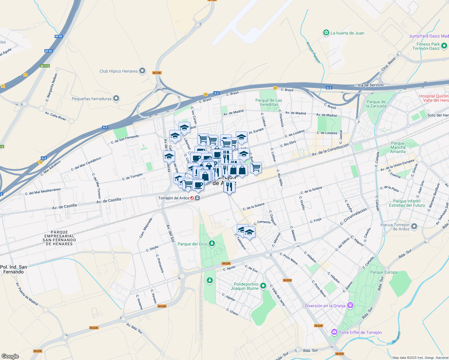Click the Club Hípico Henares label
[119, 71]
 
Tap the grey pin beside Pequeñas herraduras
[116, 98]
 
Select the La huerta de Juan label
[347, 33]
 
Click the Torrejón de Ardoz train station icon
[197, 198]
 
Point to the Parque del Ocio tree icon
[212, 243]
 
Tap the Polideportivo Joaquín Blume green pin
[263, 286]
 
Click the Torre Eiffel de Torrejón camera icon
[334, 332]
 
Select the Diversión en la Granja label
[325, 306]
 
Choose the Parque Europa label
[384, 272]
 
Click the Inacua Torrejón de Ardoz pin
[414, 226]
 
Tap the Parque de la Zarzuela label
[376, 104]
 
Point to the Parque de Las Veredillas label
[269, 102]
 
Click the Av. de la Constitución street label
[330, 149]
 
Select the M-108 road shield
[157, 73]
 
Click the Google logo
[10, 356]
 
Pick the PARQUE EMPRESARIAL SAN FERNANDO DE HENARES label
[59, 238]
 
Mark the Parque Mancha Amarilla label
[398, 147]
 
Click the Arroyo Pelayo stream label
[313, 52]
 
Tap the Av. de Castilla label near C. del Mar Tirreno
[109, 200]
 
